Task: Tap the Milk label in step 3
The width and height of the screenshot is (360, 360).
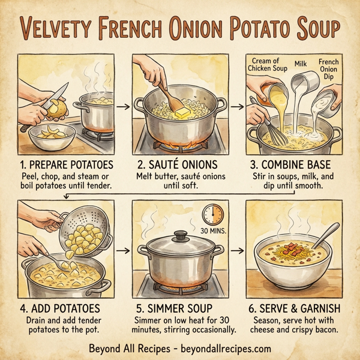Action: point(301,63)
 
